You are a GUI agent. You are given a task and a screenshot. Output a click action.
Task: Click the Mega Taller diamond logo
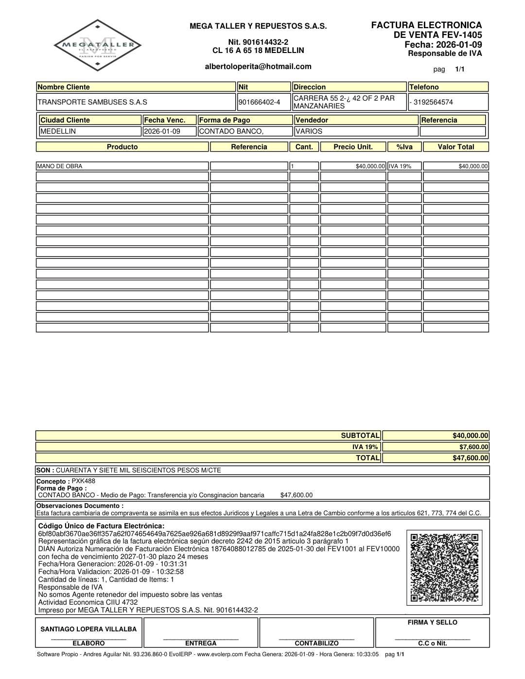pyautogui.click(x=97, y=45)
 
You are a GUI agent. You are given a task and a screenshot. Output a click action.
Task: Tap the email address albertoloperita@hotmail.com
pyautogui.click(x=258, y=67)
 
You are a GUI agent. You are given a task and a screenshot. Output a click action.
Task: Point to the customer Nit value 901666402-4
pyautogui.click(x=260, y=102)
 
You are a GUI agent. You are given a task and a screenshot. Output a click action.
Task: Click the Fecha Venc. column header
pyautogui.click(x=165, y=120)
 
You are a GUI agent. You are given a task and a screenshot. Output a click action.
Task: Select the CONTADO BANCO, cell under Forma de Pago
pyautogui.click(x=231, y=131)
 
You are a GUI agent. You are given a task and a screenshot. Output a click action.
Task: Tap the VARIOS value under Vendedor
pyautogui.click(x=309, y=131)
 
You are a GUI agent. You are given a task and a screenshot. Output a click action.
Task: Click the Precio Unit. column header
pyautogui.click(x=353, y=147)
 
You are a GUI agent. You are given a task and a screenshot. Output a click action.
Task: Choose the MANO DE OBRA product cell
pyautogui.click(x=60, y=166)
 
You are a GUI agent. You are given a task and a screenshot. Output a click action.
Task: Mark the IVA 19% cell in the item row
pyautogui.click(x=400, y=166)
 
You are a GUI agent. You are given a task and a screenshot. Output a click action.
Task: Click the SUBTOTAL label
pyautogui.click(x=360, y=435)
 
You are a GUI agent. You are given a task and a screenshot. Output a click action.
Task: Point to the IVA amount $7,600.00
pyautogui.click(x=473, y=447)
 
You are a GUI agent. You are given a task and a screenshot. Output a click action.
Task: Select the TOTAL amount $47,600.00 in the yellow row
pyautogui.click(x=470, y=458)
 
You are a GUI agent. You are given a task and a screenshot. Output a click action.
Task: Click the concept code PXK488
pyautogui.click(x=84, y=481)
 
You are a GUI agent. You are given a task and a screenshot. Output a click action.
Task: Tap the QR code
pyautogui.click(x=444, y=567)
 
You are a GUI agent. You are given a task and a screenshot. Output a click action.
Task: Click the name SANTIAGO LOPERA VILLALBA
pyautogui.click(x=88, y=629)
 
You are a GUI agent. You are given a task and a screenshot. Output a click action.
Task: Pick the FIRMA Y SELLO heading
pyautogui.click(x=432, y=622)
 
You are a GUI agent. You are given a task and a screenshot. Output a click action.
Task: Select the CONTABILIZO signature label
pyautogui.click(x=316, y=643)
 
